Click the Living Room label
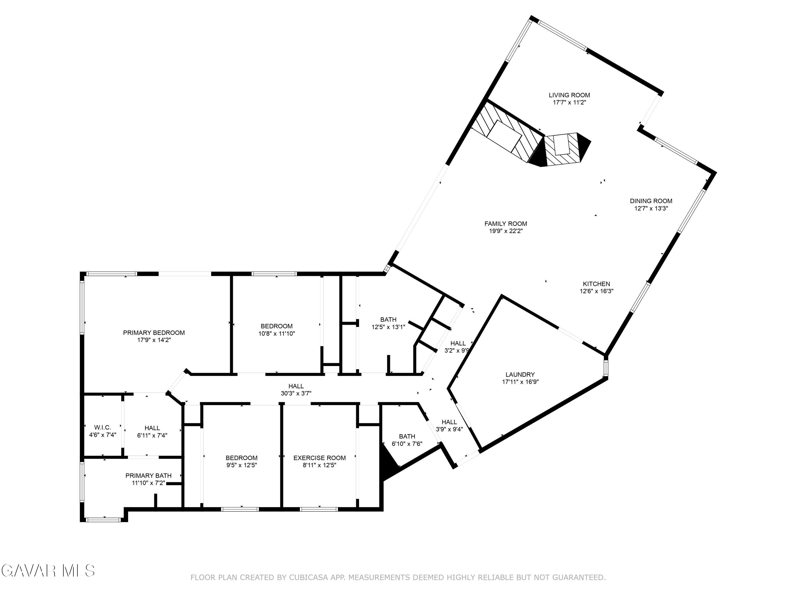coord(569,95)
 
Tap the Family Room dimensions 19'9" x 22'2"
coord(506,231)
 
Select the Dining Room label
coord(651,201)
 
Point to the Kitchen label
coord(596,284)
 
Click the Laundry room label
coord(520,374)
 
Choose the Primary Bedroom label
coord(154,333)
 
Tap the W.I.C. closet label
coord(103,427)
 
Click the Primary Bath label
coord(149,475)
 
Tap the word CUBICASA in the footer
coord(308,578)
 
